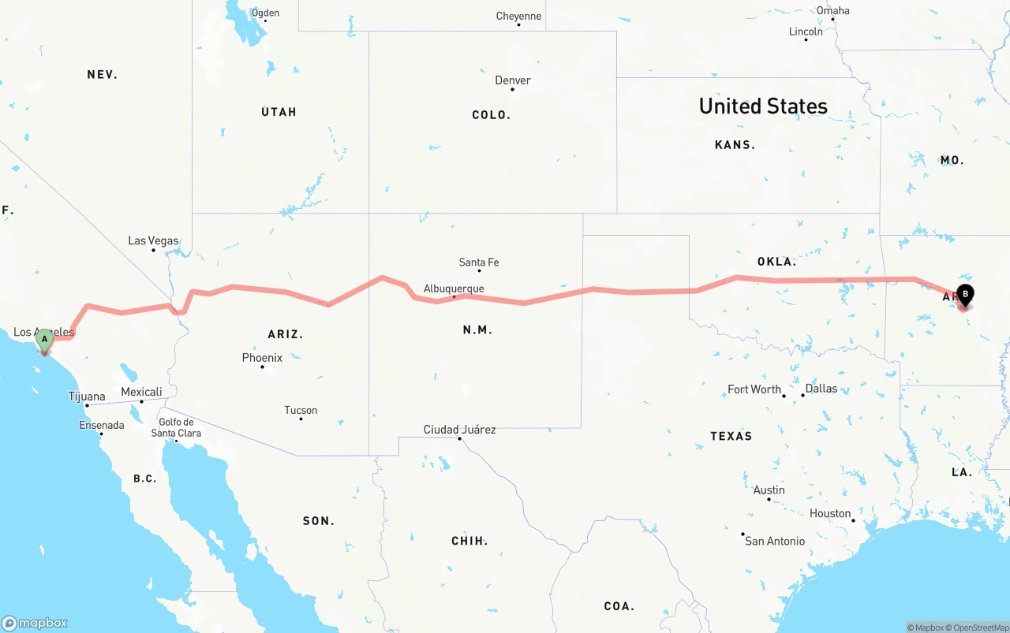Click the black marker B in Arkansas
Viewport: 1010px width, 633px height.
(x=964, y=295)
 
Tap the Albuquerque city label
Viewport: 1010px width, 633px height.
(x=454, y=289)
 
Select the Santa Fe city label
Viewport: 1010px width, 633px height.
(x=479, y=263)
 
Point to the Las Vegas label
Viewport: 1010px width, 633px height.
(x=153, y=240)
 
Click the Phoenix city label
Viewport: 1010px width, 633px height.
(x=262, y=358)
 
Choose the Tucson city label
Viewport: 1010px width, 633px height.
(x=301, y=410)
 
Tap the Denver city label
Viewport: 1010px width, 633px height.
(x=513, y=80)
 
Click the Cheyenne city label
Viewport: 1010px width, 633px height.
(x=518, y=17)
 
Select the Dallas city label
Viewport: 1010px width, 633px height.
(x=821, y=389)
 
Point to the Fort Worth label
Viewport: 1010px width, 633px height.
(x=754, y=389)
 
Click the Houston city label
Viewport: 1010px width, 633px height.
(x=830, y=513)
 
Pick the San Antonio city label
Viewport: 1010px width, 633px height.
(x=775, y=541)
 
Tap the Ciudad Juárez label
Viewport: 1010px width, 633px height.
(x=459, y=430)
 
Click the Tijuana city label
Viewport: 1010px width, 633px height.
(x=87, y=397)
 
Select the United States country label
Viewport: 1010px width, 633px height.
(x=763, y=106)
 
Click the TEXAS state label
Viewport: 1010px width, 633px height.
(x=731, y=436)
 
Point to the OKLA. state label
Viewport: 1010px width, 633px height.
(x=776, y=261)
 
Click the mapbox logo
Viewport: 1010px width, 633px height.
(x=35, y=623)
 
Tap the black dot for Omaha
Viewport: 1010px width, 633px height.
(x=832, y=20)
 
